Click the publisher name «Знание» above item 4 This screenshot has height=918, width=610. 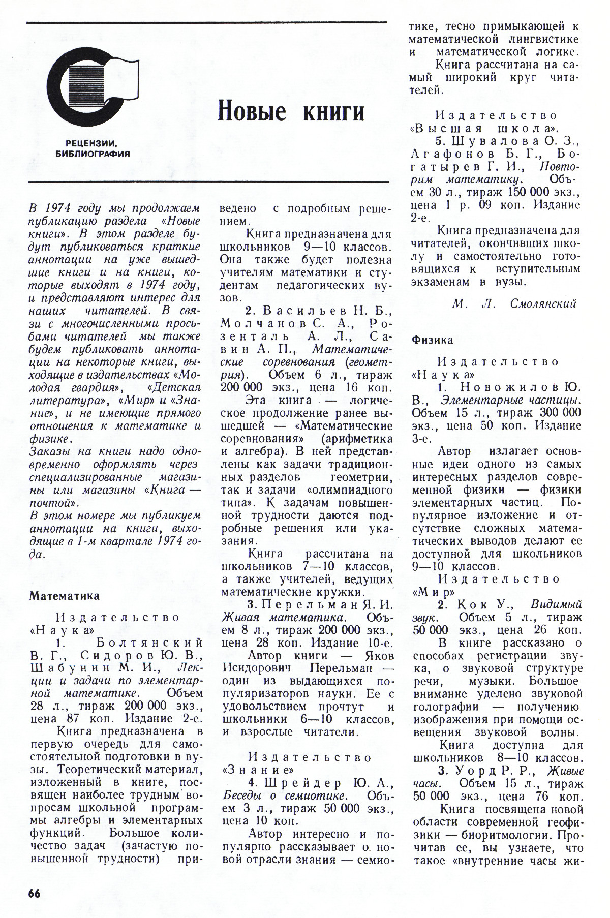click(258, 769)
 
